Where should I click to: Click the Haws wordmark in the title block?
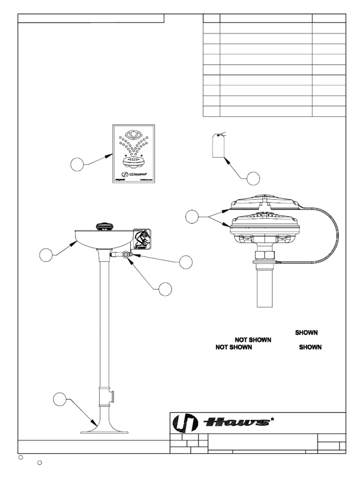click(x=239, y=423)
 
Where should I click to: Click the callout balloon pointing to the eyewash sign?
click(x=77, y=164)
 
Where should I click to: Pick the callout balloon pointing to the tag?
click(x=253, y=178)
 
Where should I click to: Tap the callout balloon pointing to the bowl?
click(x=45, y=255)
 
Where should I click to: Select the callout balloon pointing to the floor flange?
click(x=59, y=399)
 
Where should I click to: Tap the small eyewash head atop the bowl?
click(x=104, y=226)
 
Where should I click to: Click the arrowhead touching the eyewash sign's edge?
click(x=111, y=154)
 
